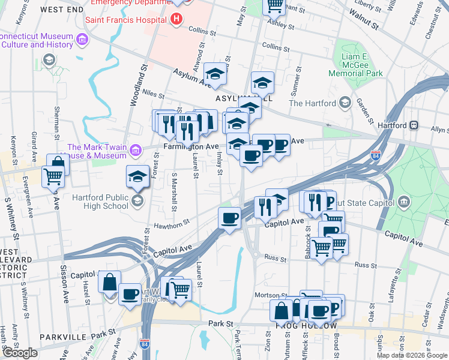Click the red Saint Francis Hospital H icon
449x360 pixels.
click(176, 19)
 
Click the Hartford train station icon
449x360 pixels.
click(414, 125)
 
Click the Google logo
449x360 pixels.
click(20, 353)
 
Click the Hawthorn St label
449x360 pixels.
click(172, 222)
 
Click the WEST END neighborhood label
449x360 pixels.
click(62, 10)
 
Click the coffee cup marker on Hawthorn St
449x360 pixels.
click(229, 217)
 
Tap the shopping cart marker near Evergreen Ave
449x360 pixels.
click(53, 176)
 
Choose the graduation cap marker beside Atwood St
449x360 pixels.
click(215, 73)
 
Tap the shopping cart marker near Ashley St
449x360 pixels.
click(274, 5)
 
